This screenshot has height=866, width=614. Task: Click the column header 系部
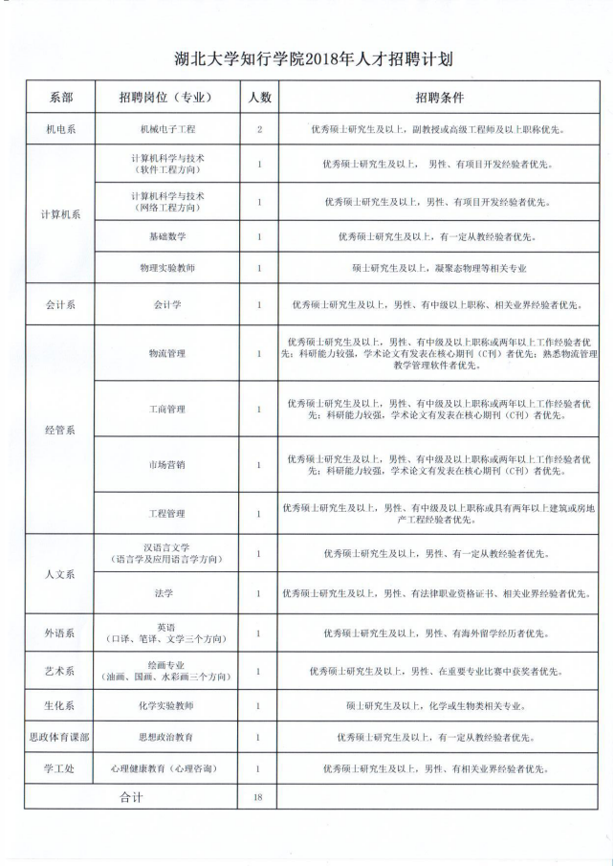[x=60, y=98]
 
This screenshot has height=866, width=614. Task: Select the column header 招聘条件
[x=439, y=98]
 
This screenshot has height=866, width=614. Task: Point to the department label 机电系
[x=60, y=128]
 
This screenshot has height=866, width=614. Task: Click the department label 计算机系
[x=60, y=214]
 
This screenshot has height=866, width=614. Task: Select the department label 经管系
[x=60, y=431]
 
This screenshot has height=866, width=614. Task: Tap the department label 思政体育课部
[x=60, y=738]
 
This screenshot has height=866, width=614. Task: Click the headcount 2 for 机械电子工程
[x=258, y=128]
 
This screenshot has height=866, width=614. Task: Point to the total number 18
[x=258, y=797]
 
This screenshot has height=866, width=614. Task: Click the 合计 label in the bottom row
[x=130, y=797]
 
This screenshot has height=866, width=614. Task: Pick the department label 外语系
[x=60, y=633]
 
